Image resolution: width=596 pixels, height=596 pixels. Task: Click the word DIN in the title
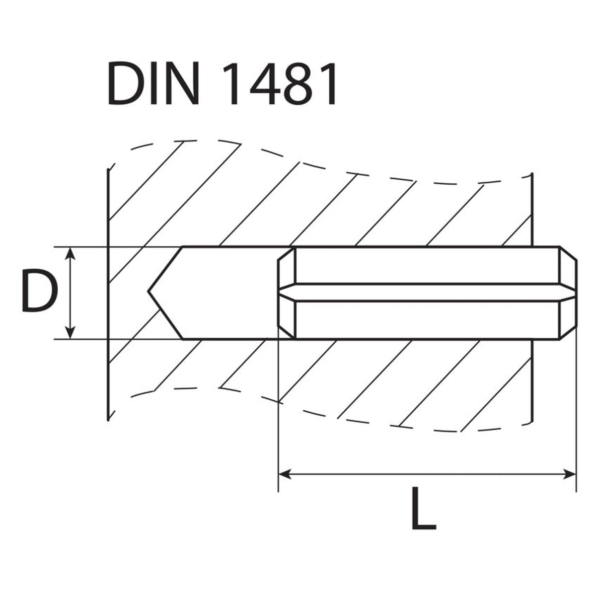click(153, 83)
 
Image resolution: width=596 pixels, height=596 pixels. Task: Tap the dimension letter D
click(40, 291)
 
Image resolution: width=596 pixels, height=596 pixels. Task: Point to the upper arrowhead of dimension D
click(71, 254)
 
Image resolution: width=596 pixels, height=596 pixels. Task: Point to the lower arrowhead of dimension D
click(71, 332)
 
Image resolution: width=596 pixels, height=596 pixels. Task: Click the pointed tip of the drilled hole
click(148, 291)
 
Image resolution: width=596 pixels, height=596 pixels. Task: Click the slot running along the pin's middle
click(427, 292)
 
